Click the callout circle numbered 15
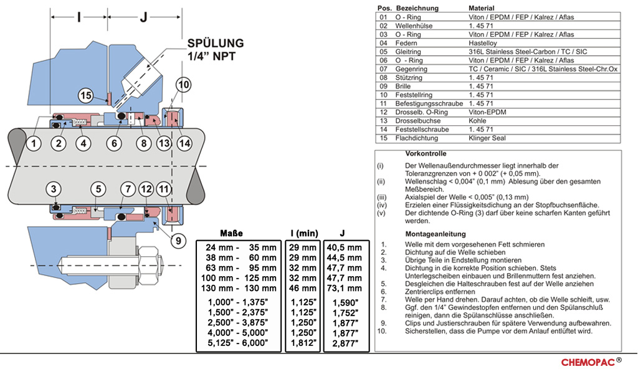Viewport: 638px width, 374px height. tap(86, 96)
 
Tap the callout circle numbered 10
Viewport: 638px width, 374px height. tap(183, 85)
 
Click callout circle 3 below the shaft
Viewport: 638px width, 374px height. tap(54, 188)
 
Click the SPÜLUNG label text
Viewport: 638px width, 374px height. tap(216, 44)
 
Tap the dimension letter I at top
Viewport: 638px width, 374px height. tap(79, 17)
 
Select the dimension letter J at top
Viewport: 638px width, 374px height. tap(143, 17)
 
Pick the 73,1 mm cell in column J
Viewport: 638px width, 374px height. tap(343, 289)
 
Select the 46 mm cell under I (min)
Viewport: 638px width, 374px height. tap(303, 289)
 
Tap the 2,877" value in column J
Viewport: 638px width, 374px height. tap(343, 343)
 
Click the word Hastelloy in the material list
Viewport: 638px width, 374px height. tap(483, 44)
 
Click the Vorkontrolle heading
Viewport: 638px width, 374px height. tap(426, 153)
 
